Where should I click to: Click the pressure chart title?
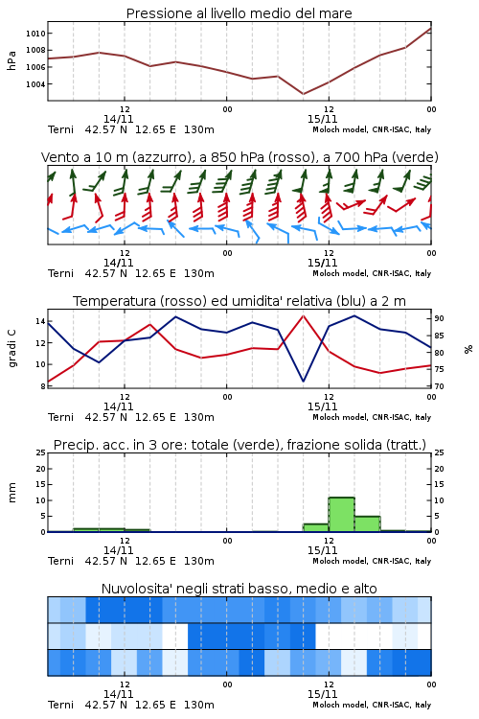[239, 13]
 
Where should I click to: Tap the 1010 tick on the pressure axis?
[35, 34]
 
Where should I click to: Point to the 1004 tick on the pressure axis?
[35, 84]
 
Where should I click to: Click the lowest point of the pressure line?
[303, 94]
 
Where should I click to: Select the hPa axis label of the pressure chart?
[11, 60]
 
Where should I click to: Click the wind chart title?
[239, 157]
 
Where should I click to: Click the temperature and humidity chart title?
[239, 301]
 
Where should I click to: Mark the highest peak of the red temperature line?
[303, 315]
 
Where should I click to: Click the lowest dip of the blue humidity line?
[303, 381]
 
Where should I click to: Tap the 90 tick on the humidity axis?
[439, 318]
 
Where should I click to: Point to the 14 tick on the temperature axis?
[40, 321]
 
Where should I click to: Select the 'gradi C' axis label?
[12, 348]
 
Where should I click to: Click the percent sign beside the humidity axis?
[468, 349]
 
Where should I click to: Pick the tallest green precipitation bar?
[341, 515]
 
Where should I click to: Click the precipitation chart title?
[239, 445]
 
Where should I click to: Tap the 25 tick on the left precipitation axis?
[40, 452]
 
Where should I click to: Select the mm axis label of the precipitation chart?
[11, 493]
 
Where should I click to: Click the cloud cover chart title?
[239, 589]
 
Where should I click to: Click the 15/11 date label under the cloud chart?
[322, 694]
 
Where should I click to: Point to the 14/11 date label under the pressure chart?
[118, 119]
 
